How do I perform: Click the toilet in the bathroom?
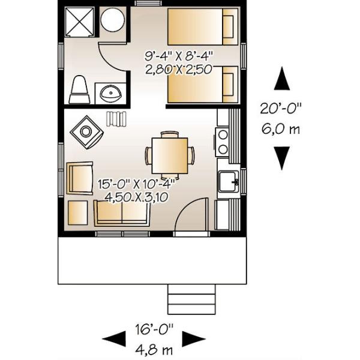coord(79,89)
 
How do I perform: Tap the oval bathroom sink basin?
coord(111,94)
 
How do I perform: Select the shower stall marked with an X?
coord(79,22)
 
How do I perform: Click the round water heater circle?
coord(113,20)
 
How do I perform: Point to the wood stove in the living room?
coord(86,132)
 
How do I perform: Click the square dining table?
coord(170,155)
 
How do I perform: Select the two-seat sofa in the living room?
coord(122,213)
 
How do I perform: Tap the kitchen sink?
coord(228,181)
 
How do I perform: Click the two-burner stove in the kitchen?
coord(222,143)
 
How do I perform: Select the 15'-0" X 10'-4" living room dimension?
coord(137,184)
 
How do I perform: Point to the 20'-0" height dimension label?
coord(281,109)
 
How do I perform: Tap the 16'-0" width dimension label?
coord(154,329)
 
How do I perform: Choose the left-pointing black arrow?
coord(114,338)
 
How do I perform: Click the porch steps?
coord(192,299)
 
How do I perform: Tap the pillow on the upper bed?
coord(228,26)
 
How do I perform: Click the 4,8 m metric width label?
coord(154,350)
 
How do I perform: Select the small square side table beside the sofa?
coord(78,213)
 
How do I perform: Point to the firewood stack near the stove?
coord(116,119)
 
